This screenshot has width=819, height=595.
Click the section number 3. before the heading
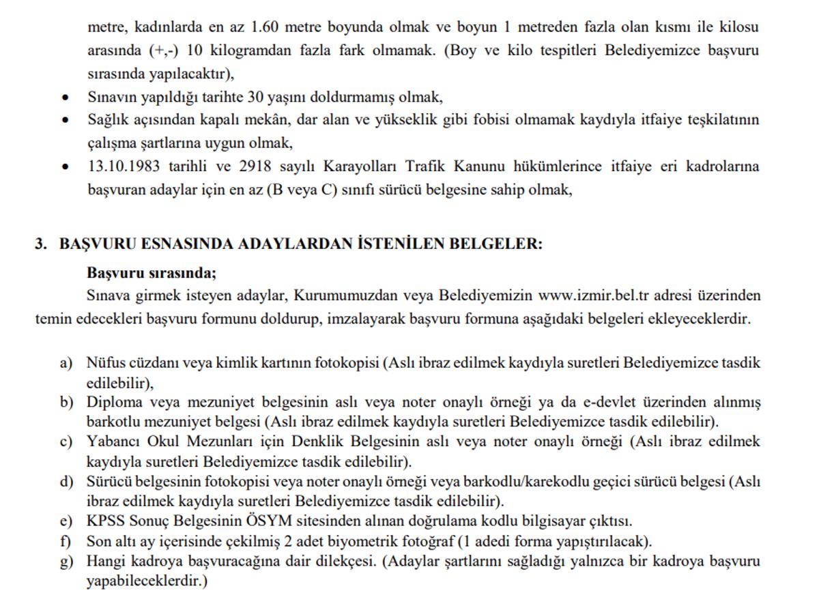click(x=41, y=244)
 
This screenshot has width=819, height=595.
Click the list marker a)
click(x=66, y=363)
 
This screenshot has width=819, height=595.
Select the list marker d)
click(x=66, y=482)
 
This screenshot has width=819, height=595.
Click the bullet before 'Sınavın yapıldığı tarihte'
click(x=65, y=98)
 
